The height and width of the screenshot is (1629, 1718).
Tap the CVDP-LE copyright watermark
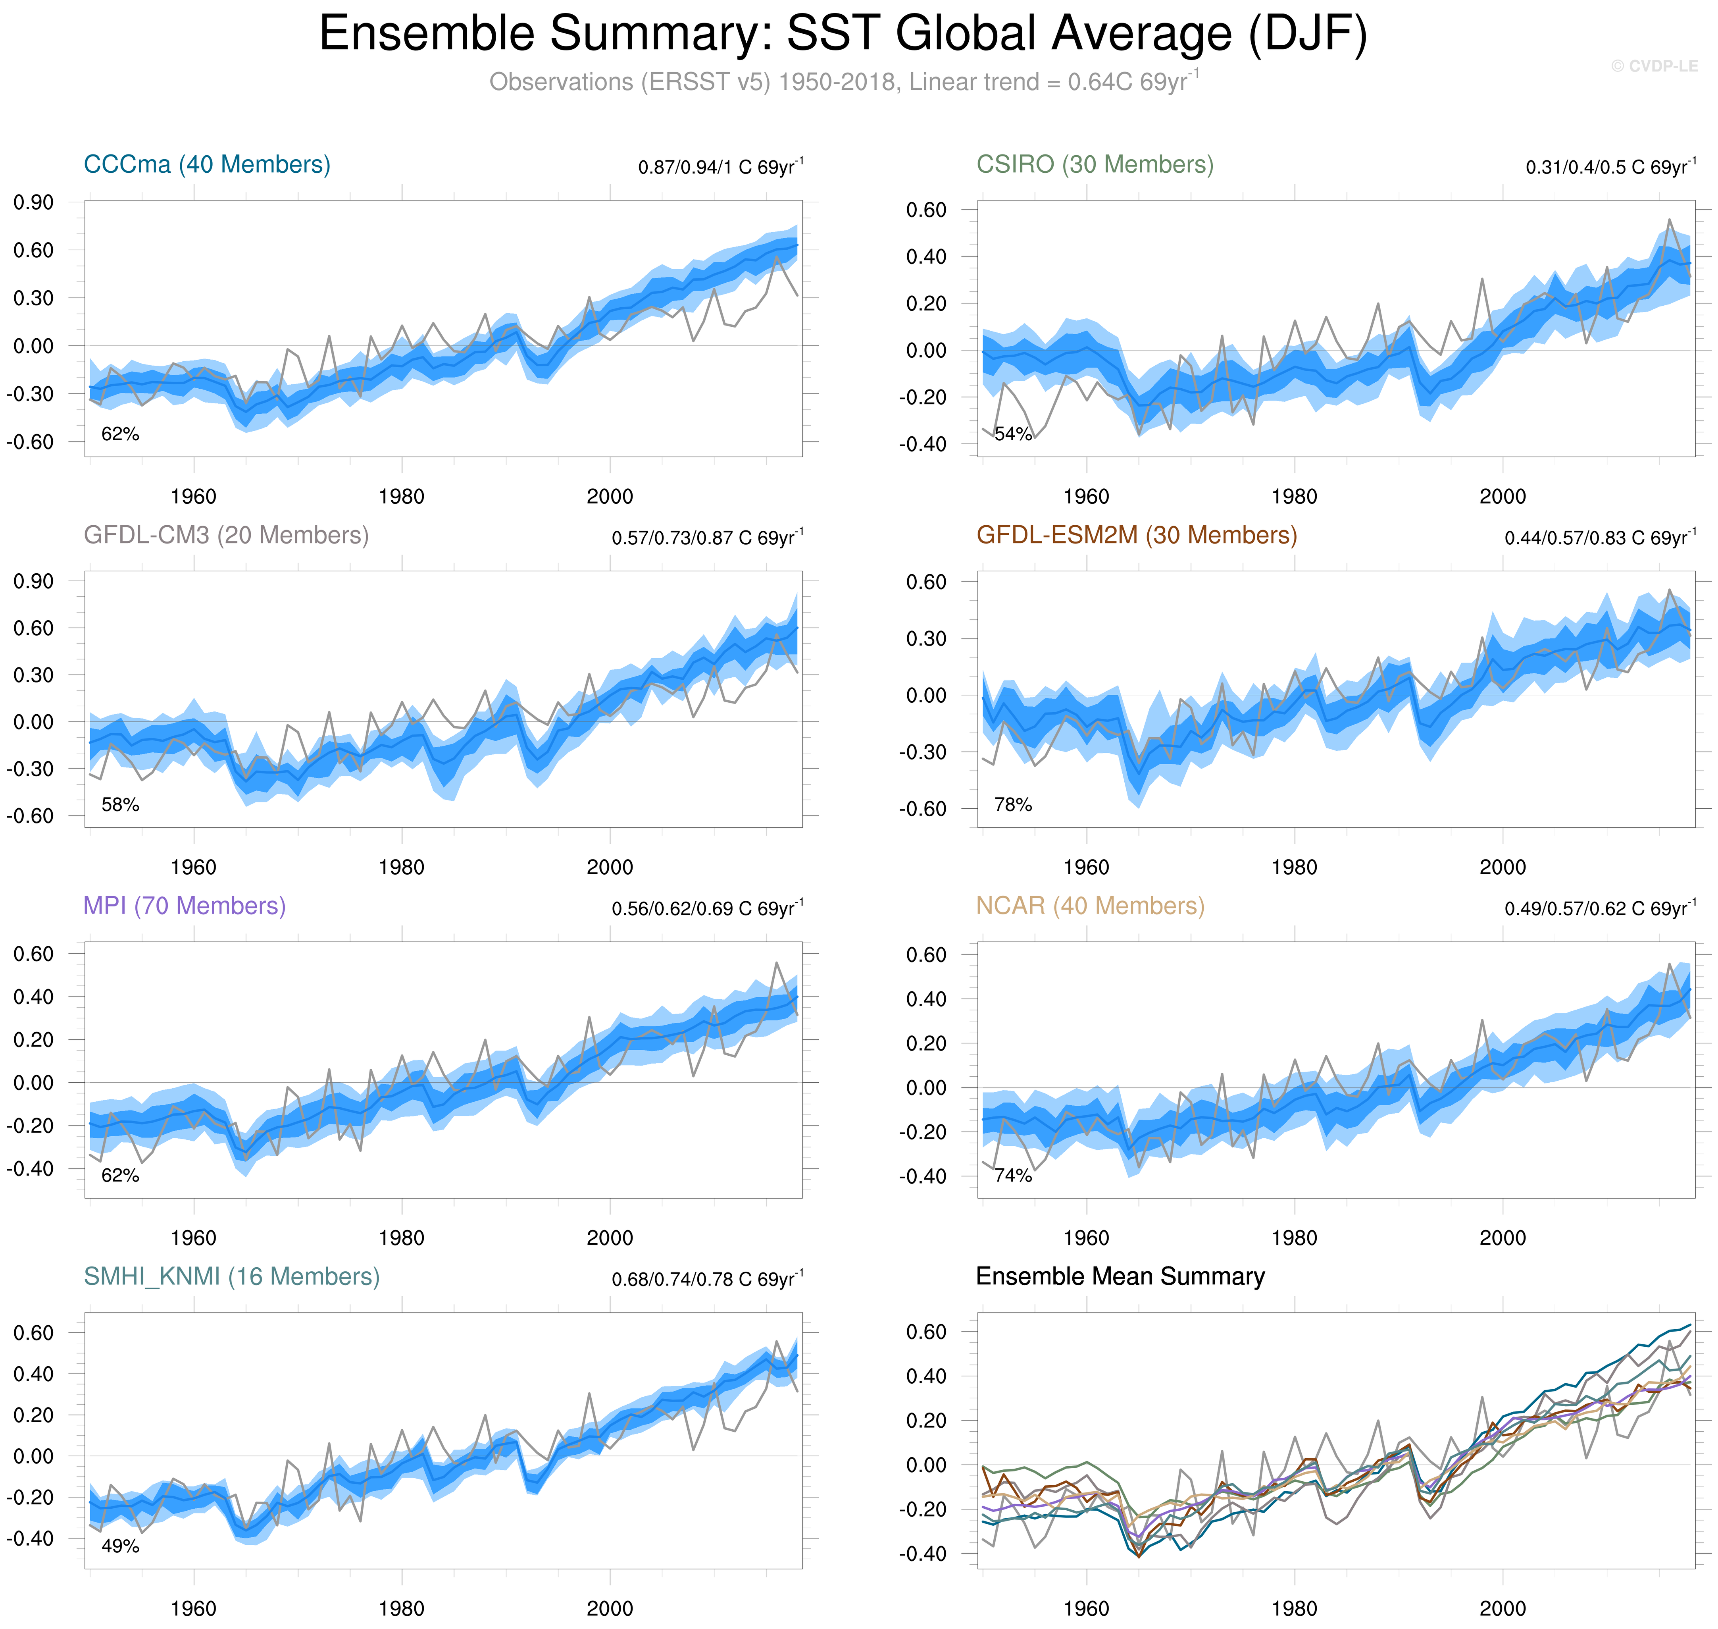point(1654,66)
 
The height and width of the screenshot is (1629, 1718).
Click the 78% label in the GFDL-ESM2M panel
point(1013,805)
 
